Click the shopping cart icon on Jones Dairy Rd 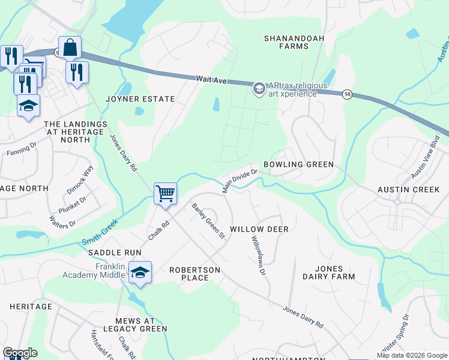click(165, 193)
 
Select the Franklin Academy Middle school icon click(140, 272)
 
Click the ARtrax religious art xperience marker click(259, 89)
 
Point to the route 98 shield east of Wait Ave click(347, 94)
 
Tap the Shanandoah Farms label click(294, 42)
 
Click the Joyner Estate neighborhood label click(140, 99)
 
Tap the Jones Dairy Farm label click(328, 272)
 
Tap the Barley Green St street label click(208, 221)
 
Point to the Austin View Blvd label click(426, 155)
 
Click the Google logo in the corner click(20, 353)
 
